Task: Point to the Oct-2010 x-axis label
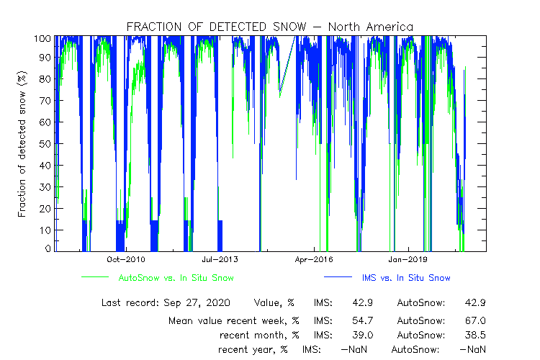pos(127,259)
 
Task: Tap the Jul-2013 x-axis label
pos(220,259)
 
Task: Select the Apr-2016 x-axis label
pos(314,259)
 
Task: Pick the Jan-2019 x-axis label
pos(408,259)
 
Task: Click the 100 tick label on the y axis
pos(42,37)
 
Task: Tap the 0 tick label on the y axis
pos(48,248)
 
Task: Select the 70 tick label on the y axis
pos(45,102)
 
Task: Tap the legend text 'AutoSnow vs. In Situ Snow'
pos(176,277)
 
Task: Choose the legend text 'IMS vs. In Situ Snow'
pos(407,277)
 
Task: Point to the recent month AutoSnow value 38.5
pos(475,335)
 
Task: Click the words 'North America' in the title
pos(370,27)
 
